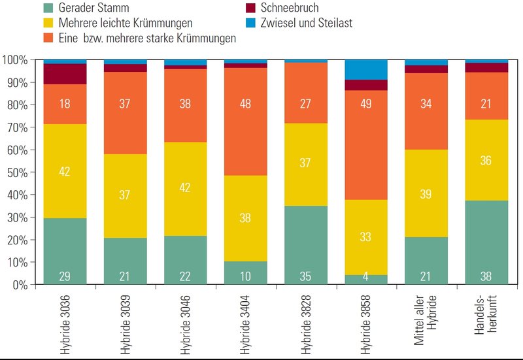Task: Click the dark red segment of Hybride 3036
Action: point(65,74)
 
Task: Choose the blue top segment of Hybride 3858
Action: point(365,69)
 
